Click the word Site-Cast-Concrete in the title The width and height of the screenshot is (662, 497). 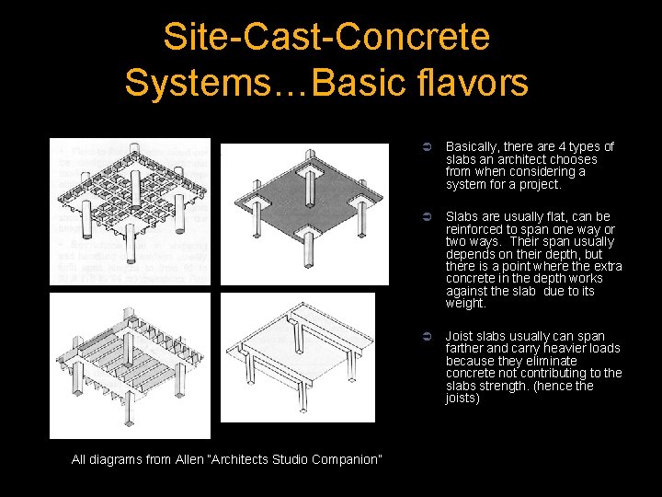point(326,37)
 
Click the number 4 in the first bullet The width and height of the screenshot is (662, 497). point(553,146)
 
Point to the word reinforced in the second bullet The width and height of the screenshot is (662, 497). point(474,229)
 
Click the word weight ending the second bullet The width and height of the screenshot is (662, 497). point(464,303)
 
